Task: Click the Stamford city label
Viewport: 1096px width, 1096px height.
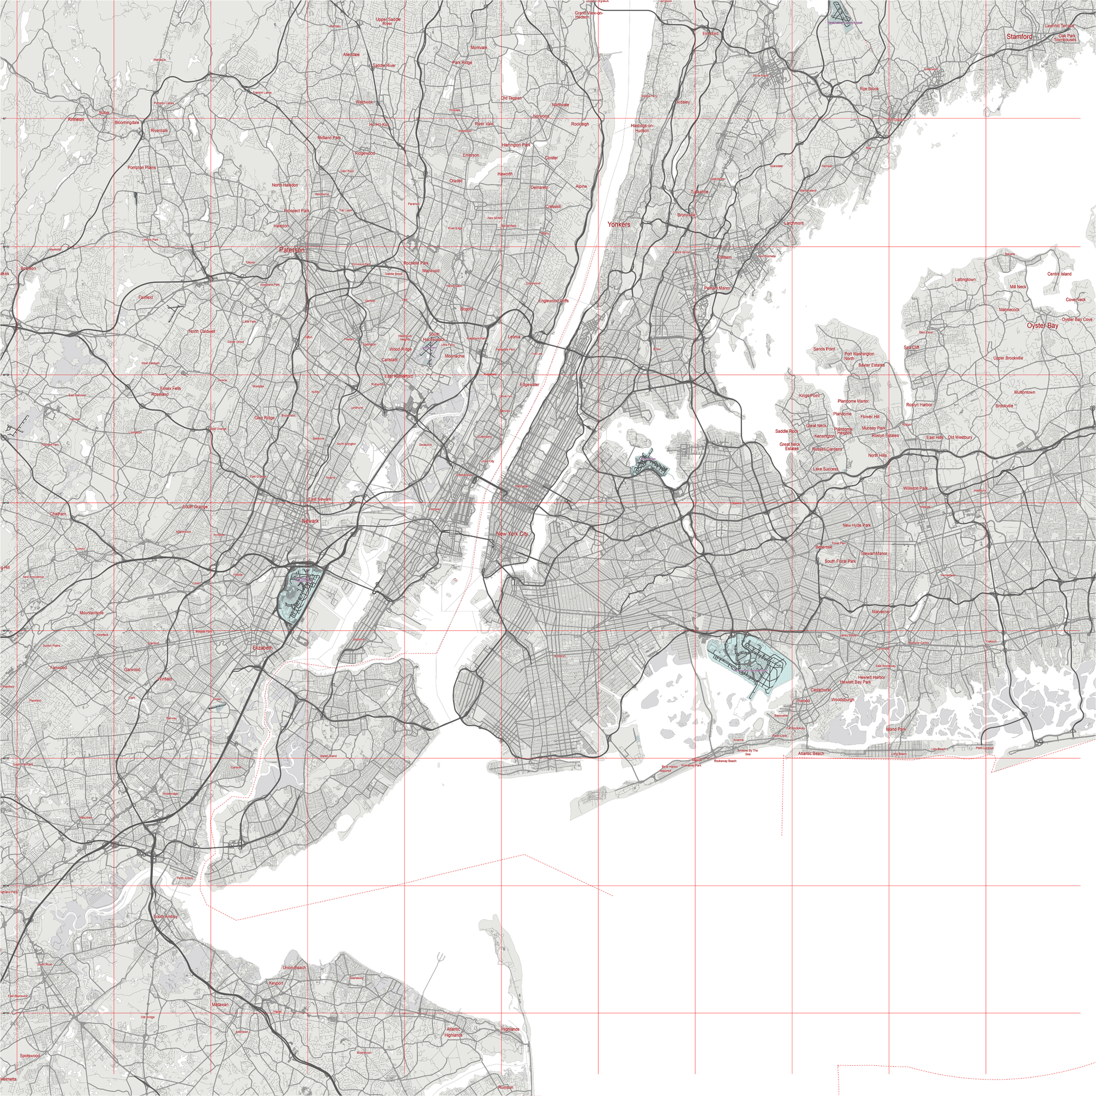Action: [1019, 36]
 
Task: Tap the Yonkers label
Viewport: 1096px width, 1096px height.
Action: [618, 224]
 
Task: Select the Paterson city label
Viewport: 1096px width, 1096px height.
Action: [292, 249]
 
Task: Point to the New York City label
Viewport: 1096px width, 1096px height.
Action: [512, 534]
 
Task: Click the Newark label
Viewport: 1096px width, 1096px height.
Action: [310, 521]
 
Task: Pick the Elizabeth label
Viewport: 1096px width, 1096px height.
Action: [262, 647]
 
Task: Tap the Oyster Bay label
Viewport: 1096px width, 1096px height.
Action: [1042, 326]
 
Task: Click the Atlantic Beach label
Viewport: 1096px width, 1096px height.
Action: [810, 754]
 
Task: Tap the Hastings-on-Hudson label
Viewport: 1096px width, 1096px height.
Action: [642, 128]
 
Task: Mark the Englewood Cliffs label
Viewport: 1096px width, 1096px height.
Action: [553, 301]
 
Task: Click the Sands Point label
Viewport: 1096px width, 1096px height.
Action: [824, 349]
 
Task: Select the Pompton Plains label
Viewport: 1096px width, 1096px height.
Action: [141, 168]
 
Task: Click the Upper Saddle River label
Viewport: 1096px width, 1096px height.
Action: [387, 21]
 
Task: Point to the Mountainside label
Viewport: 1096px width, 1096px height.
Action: [92, 613]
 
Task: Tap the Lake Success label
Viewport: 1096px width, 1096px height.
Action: [825, 469]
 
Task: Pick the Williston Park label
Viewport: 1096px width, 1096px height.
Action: [915, 488]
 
